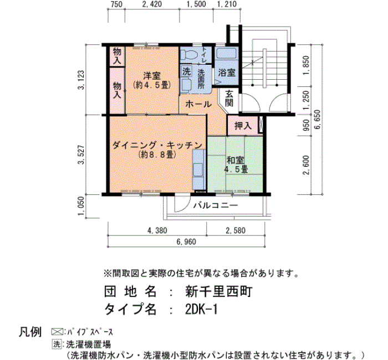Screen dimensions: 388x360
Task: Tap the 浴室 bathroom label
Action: (227, 73)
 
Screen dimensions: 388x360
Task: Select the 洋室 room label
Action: (152, 75)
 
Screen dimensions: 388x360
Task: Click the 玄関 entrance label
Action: (229, 99)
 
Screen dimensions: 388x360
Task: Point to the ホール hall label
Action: (198, 104)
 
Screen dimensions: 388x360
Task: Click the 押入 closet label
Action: (243, 126)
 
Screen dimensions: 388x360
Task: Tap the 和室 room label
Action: (236, 160)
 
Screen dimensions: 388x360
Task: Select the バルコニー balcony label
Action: (216, 205)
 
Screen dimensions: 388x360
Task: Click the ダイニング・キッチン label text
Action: (157, 145)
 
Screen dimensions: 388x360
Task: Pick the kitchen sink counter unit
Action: (199, 169)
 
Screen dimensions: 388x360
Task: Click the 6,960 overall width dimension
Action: (186, 241)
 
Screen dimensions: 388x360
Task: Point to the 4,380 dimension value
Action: (157, 230)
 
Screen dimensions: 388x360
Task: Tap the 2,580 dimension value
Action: (236, 230)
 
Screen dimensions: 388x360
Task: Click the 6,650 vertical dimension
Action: (317, 119)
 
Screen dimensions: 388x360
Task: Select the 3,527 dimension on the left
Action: (81, 155)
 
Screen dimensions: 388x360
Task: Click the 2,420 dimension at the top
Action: (152, 4)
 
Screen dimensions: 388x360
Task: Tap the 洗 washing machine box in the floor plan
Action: (186, 71)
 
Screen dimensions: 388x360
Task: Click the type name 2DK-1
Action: (201, 309)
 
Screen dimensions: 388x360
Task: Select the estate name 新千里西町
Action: (219, 291)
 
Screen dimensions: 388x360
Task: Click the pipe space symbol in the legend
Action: (57, 331)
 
